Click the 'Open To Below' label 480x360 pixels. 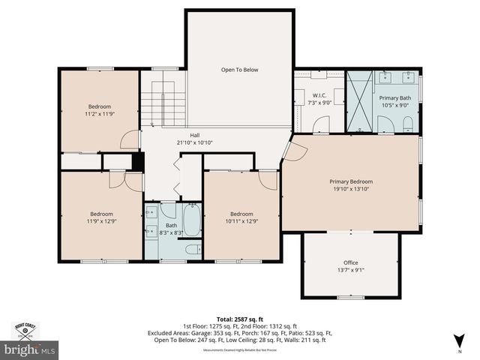click(239, 70)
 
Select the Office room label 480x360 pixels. click(351, 262)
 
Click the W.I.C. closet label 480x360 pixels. click(319, 96)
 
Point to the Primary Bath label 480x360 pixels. click(394, 98)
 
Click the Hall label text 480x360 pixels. click(194, 135)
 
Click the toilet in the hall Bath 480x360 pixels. click(191, 250)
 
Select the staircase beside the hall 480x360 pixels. click(163, 104)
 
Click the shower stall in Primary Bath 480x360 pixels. click(359, 101)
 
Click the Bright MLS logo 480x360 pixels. click(29, 349)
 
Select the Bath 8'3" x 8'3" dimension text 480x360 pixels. click(172, 232)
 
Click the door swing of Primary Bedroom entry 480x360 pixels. click(293, 151)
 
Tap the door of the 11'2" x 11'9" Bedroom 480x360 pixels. click(130, 139)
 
